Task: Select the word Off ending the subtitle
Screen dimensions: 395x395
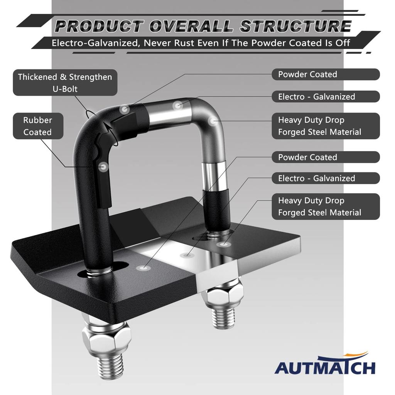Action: coord(343,42)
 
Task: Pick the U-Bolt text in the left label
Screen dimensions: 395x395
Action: coord(65,89)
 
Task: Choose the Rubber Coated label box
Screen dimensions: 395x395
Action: coord(37,126)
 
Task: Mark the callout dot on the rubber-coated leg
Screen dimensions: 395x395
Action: coord(103,167)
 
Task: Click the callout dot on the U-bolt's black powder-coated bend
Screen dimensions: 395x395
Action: coord(124,109)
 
